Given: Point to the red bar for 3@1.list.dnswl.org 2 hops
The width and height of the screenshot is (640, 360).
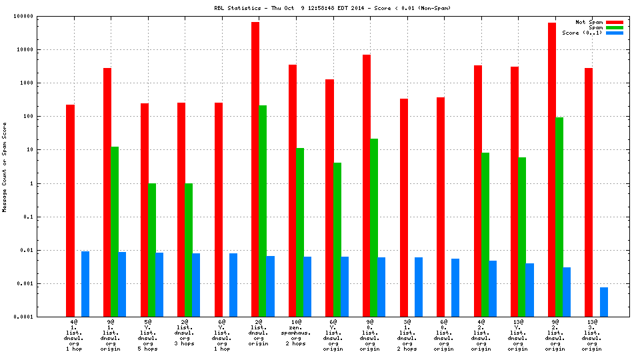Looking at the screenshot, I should [404, 207].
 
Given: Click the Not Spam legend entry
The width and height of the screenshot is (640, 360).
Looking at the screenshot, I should [589, 22].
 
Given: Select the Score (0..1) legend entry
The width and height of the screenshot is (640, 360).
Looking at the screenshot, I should [583, 33].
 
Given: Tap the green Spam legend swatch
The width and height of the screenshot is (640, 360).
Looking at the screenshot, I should [614, 27].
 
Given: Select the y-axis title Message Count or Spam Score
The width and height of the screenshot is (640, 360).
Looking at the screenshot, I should [5, 167].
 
